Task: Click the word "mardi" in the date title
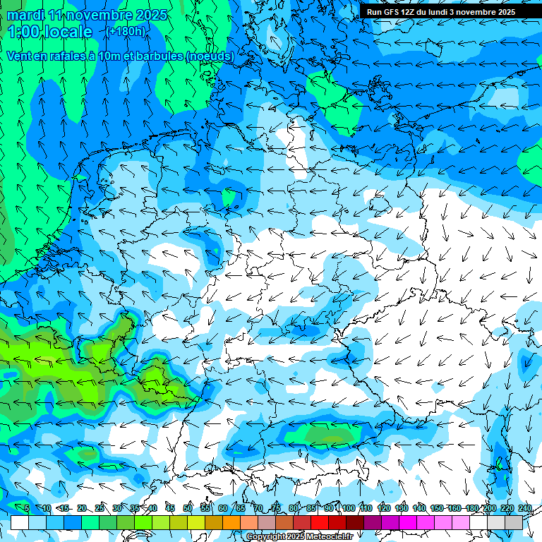[x=26, y=15]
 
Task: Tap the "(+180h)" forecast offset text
[x=126, y=32]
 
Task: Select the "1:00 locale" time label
[x=50, y=32]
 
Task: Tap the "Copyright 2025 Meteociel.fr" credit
[x=299, y=537]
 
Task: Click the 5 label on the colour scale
[x=26, y=509]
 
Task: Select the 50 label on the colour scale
[x=188, y=509]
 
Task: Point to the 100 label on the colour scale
[x=349, y=509]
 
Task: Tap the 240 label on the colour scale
[x=524, y=509]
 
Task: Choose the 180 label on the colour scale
[x=472, y=509]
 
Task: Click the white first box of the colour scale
[x=19, y=522]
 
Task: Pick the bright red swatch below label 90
[x=320, y=522]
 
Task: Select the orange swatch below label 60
[x=231, y=522]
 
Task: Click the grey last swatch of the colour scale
[x=514, y=522]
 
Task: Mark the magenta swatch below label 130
[x=408, y=522]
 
